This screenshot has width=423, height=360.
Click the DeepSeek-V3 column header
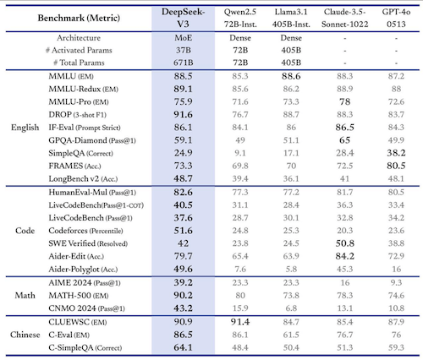pos(184,18)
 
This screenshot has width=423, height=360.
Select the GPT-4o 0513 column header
pos(396,18)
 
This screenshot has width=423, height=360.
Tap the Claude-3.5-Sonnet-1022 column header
pos(345,18)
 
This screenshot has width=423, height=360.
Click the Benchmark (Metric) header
pos(79,18)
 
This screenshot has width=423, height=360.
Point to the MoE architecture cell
pos(184,38)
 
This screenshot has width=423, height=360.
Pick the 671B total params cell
pos(184,63)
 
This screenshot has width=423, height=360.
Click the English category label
pos(25,128)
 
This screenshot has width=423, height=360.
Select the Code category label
pos(25,231)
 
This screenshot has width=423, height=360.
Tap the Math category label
pos(25,296)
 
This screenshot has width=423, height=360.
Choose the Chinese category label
pos(25,335)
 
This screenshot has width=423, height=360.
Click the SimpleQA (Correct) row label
pos(81,153)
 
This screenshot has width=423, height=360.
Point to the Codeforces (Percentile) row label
pos(85,231)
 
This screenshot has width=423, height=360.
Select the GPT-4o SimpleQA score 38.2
pos(396,153)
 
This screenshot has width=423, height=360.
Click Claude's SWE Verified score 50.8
pos(345,243)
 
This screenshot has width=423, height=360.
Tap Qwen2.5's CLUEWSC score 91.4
pos(240,322)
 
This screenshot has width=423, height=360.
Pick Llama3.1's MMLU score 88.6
pos(291,76)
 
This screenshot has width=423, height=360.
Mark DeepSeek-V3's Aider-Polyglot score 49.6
pos(184,269)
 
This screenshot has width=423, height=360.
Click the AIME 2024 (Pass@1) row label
pos(85,283)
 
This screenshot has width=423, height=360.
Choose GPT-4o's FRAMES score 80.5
pos(396,166)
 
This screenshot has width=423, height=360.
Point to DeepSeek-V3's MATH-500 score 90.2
pos(184,296)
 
